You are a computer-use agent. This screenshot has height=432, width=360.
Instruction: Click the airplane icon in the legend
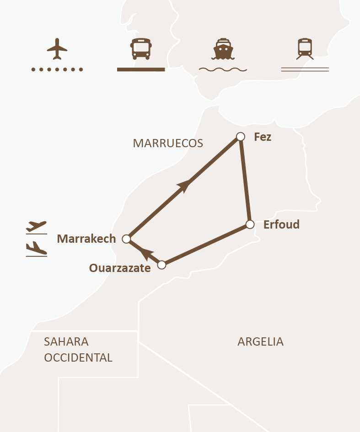(57, 49)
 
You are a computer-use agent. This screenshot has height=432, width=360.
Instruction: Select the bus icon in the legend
(141, 49)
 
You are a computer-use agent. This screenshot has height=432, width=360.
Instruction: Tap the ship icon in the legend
(223, 49)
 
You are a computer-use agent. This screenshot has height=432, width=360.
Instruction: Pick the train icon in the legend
(305, 49)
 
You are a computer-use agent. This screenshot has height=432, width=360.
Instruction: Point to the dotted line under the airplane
(57, 69)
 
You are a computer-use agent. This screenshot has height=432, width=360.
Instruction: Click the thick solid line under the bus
(141, 69)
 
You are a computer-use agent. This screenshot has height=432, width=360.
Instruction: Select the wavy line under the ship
(223, 69)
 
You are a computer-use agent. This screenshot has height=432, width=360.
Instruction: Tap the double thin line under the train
(305, 69)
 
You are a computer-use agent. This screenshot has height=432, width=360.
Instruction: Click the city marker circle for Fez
(240, 136)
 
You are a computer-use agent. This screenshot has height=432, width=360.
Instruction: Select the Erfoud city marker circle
(250, 224)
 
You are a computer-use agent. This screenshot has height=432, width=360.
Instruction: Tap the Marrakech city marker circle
(127, 239)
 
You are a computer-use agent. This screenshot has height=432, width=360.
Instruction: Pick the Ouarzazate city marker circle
(161, 265)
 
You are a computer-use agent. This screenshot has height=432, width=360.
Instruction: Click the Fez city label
(263, 137)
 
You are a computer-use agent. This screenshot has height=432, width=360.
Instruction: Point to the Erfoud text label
(281, 224)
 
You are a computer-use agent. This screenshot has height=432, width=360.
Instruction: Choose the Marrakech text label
(86, 239)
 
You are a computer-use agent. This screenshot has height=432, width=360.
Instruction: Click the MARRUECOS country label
(168, 143)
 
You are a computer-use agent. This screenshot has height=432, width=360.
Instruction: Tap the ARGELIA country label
(260, 341)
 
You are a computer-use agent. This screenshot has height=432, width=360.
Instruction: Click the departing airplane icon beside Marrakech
(37, 227)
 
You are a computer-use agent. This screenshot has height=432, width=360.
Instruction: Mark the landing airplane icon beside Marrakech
(37, 249)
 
